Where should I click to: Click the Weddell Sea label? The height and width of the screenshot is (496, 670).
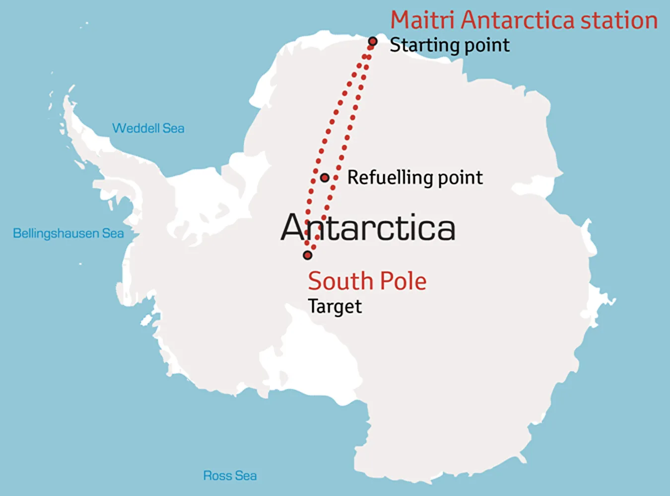pos(148,128)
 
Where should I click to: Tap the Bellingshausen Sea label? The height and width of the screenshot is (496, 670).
pos(68,233)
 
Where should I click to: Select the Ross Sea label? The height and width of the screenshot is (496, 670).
pos(230,476)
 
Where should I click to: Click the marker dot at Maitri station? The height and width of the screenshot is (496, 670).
pos(373,42)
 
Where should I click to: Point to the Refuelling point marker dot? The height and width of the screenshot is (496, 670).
pos(325,178)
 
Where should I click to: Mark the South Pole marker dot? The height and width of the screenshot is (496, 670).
pos(308,255)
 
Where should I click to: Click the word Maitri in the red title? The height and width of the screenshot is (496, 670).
pos(422,20)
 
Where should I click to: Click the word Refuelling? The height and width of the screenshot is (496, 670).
pos(388,178)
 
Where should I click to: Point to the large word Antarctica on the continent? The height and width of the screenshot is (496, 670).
pos(368,228)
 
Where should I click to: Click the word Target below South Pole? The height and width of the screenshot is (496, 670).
pos(335,307)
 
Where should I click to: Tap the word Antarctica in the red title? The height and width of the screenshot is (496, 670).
pos(518,20)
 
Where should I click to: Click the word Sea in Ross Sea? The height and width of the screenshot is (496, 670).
pos(246,476)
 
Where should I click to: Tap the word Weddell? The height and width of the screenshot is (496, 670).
pos(135,128)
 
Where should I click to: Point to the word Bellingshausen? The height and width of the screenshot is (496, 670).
pos(56,233)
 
